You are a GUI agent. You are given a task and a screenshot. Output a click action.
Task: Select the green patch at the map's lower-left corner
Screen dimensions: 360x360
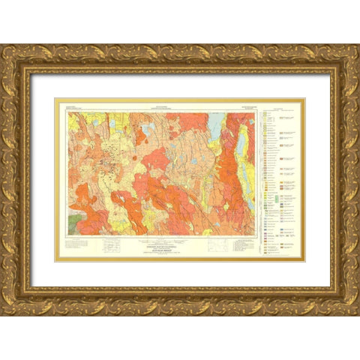coord(75,222)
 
